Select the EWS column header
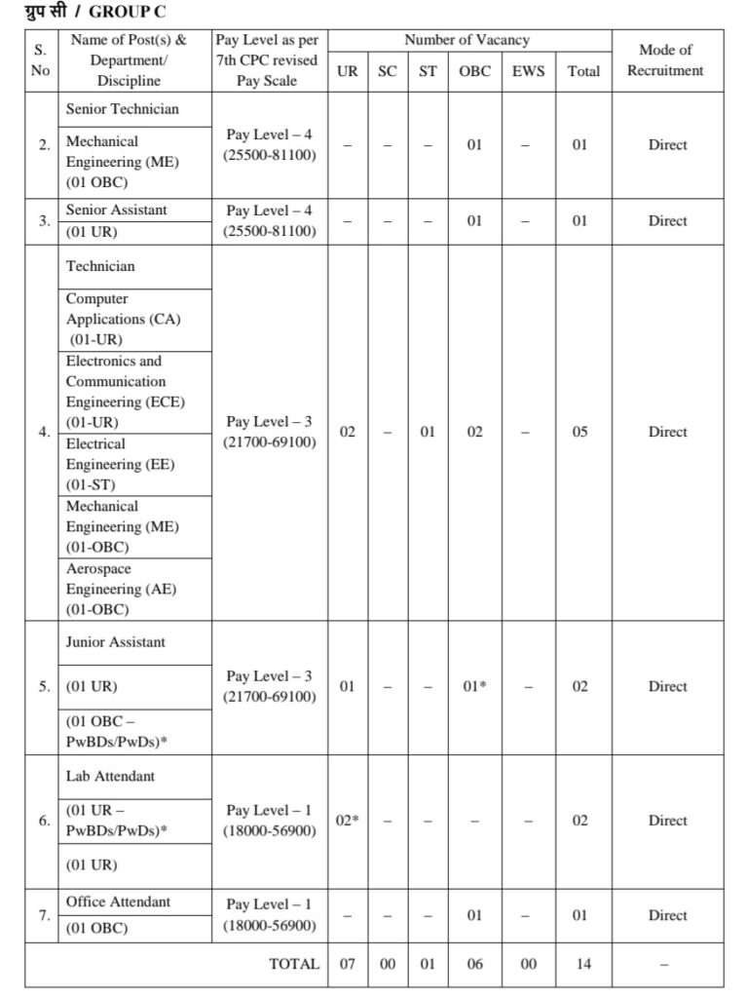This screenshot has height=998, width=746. (528, 71)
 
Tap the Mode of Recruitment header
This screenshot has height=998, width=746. (666, 60)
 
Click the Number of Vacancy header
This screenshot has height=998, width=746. (467, 40)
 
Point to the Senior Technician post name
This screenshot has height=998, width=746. (123, 109)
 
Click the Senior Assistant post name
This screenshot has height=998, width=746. (117, 211)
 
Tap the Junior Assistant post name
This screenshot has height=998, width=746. (116, 642)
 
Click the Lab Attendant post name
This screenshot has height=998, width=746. (110, 777)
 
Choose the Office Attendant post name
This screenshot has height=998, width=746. (118, 902)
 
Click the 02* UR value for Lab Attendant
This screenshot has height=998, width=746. (348, 821)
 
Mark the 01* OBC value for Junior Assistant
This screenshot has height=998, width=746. (474, 687)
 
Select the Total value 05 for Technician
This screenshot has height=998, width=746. (579, 432)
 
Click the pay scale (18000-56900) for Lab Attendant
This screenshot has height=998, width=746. (270, 831)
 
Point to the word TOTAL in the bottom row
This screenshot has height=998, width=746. (294, 964)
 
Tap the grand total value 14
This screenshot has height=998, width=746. (583, 964)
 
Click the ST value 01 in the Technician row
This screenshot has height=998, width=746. (428, 432)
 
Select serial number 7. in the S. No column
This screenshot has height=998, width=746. (44, 915)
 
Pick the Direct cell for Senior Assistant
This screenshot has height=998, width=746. (667, 221)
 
